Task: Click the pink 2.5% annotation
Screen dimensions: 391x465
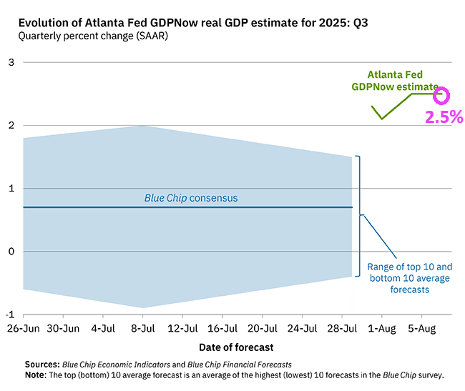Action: [444, 117]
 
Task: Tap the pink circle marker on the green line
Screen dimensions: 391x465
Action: [442, 94]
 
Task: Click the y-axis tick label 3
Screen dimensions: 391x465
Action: [11, 62]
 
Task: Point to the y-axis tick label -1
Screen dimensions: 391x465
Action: [9, 315]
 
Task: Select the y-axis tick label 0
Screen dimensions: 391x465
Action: [11, 252]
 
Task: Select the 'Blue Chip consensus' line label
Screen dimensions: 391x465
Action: [191, 197]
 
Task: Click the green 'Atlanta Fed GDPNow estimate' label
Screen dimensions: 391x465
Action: [395, 80]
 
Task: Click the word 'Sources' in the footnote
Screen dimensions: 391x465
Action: [41, 364]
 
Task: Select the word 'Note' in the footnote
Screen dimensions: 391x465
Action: [35, 375]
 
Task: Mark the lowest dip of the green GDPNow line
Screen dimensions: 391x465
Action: [382, 119]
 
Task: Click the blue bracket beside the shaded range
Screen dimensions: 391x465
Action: [359, 214]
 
